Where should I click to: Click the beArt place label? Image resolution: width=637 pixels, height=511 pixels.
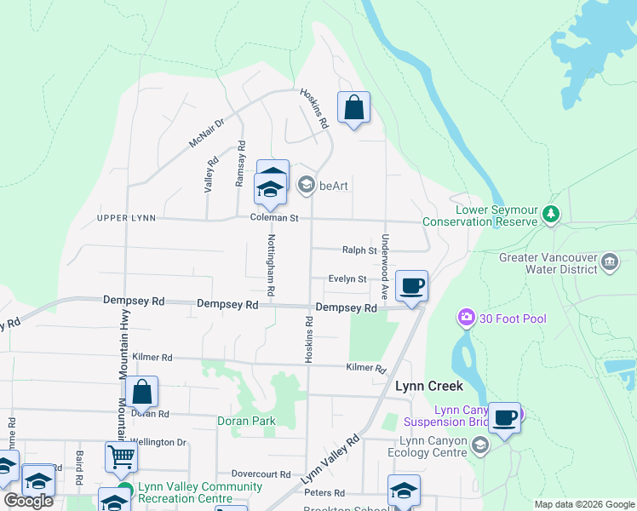(x=334, y=185)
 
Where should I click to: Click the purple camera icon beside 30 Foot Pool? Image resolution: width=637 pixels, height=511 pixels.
(x=466, y=319)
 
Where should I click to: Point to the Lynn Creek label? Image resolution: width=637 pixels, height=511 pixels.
(x=429, y=386)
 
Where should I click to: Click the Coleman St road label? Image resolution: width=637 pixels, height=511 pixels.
(x=274, y=218)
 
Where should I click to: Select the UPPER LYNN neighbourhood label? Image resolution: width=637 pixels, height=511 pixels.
(x=127, y=218)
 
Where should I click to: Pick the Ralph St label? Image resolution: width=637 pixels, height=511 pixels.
(x=359, y=250)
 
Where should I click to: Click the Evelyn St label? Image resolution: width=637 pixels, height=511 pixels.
(x=348, y=278)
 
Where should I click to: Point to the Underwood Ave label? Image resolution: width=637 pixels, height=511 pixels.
(x=386, y=266)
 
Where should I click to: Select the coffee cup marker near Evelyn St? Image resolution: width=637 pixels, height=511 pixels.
(x=411, y=286)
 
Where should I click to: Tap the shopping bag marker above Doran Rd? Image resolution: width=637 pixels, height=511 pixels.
(x=142, y=393)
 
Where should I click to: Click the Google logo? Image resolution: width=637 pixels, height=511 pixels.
(x=28, y=501)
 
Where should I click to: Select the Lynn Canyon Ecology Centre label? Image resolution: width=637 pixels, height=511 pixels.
(x=434, y=446)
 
